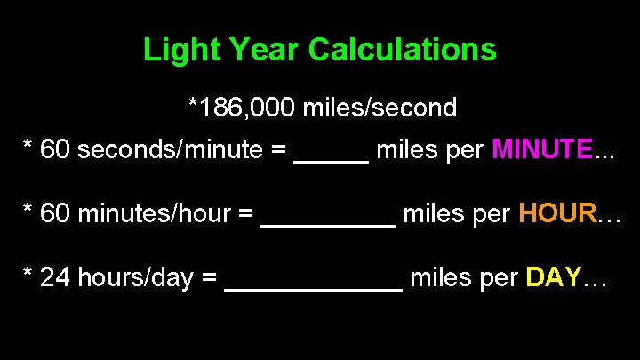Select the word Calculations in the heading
click(x=403, y=50)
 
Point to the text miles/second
click(x=380, y=108)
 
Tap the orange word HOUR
click(x=557, y=213)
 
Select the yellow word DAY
click(x=554, y=278)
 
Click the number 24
click(x=56, y=278)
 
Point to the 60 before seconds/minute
click(x=56, y=149)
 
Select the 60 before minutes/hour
click(x=56, y=213)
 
